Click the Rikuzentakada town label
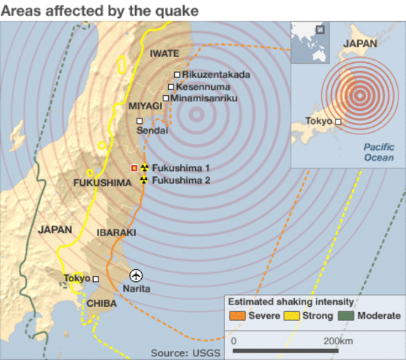click(x=216, y=74)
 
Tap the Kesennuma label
click(x=203, y=86)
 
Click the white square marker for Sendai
click(x=139, y=120)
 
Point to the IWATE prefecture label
click(x=164, y=53)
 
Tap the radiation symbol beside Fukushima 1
click(x=144, y=168)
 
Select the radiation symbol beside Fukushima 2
click(x=144, y=180)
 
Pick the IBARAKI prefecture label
click(x=116, y=233)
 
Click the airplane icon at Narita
click(x=136, y=276)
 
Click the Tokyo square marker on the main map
click(x=95, y=279)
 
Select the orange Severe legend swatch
click(x=238, y=316)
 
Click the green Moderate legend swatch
click(x=347, y=316)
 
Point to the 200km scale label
click(x=338, y=340)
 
